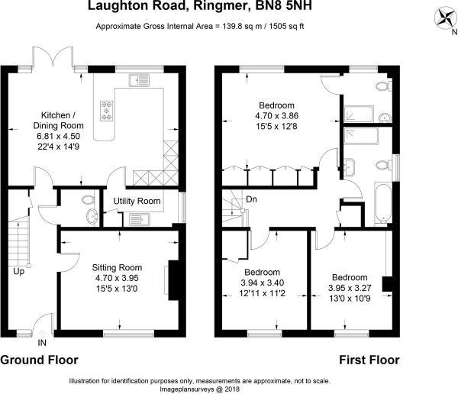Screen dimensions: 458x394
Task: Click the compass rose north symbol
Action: (x=446, y=18)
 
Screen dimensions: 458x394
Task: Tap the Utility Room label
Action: (x=137, y=201)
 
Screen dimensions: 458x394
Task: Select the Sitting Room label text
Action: (x=117, y=267)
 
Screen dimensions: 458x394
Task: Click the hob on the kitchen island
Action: (x=107, y=111)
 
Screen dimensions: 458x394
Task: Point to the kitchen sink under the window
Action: (x=139, y=80)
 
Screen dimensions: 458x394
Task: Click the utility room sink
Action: (x=140, y=219)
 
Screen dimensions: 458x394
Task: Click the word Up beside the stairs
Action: (x=18, y=272)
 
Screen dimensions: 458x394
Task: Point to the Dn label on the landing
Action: (x=251, y=199)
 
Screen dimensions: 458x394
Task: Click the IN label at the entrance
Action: (x=42, y=343)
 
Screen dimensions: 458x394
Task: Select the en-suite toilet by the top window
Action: (x=383, y=86)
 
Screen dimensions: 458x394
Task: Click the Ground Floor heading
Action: (x=39, y=360)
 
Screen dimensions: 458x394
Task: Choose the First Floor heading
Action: (x=369, y=360)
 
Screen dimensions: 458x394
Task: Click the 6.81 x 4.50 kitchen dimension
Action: (x=59, y=136)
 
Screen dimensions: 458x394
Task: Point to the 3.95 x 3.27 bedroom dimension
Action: (x=350, y=288)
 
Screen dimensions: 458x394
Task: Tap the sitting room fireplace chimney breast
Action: (x=173, y=280)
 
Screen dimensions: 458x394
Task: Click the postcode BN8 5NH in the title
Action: (x=284, y=5)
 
